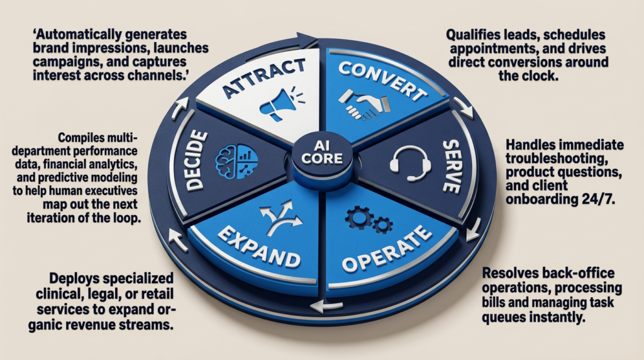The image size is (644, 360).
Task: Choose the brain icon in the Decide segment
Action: [236, 161]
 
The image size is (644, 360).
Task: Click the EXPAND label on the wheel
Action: [258, 247]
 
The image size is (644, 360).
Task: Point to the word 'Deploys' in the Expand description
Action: [74, 278]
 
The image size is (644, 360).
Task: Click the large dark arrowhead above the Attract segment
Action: [306, 40]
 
